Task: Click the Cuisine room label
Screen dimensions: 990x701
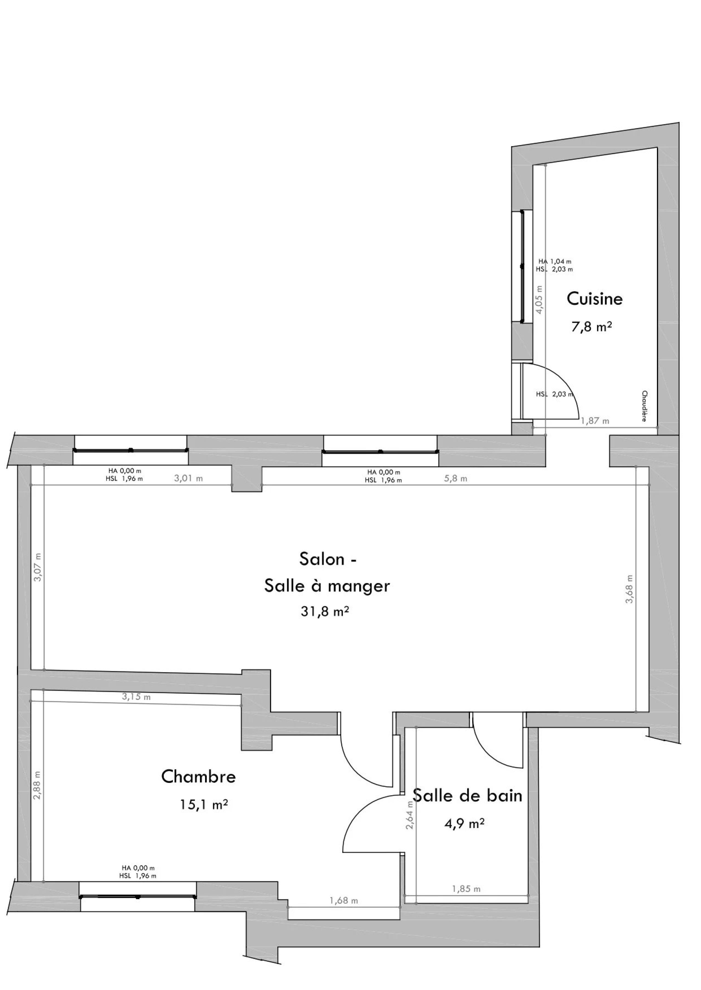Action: click(x=594, y=299)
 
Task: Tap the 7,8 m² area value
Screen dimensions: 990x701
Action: click(x=591, y=327)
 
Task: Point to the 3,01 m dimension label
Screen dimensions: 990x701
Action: click(x=188, y=478)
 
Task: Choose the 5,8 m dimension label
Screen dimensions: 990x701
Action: click(x=455, y=478)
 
